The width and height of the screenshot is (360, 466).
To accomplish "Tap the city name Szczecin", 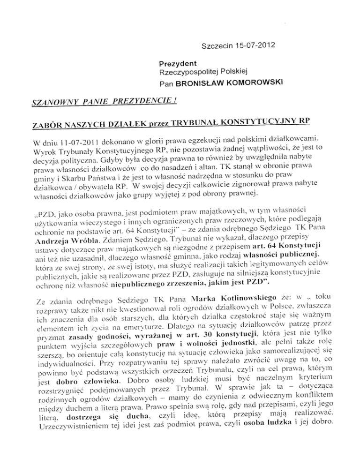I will [x=216, y=47].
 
